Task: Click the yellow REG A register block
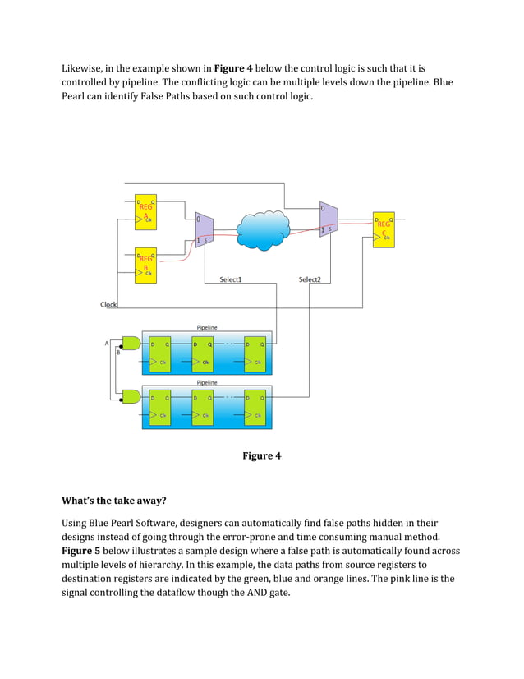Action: pyautogui.click(x=145, y=212)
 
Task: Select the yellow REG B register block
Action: pyautogui.click(x=145, y=265)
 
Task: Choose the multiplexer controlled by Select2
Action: pyautogui.click(x=328, y=219)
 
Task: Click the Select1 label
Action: pyautogui.click(x=230, y=279)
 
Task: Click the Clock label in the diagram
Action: pyautogui.click(x=108, y=304)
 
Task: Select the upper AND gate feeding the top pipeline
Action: pyautogui.click(x=131, y=344)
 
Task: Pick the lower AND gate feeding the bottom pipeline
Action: pyautogui.click(x=131, y=396)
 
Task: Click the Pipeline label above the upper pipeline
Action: pyautogui.click(x=207, y=327)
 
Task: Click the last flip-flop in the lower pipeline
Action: pyautogui.click(x=255, y=406)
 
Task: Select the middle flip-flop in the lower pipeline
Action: pyautogui.click(x=202, y=406)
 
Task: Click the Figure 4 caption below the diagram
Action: pyautogui.click(x=261, y=455)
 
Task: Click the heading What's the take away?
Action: pyautogui.click(x=115, y=500)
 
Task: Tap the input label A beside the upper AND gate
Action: pyautogui.click(x=107, y=344)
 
